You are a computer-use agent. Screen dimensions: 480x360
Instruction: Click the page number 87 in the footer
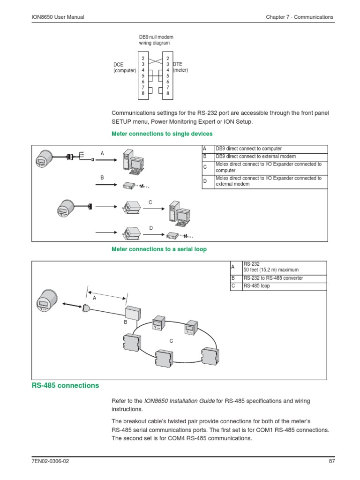pos(332,461)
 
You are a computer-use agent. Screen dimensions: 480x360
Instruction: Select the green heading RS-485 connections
pos(65,385)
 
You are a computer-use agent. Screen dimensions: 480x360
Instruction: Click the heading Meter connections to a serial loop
pos(159,249)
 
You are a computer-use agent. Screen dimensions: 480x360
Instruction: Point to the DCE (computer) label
pos(124,67)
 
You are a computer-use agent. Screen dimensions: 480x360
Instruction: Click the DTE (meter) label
pos(180,67)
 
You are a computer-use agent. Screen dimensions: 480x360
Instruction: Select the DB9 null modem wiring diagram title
pos(154,40)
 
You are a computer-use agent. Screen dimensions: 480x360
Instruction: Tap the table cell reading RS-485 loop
pos(256,285)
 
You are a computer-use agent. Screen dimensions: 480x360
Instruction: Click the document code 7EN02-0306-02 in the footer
pos(47,461)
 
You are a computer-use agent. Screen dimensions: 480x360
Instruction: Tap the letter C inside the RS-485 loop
pos(172,341)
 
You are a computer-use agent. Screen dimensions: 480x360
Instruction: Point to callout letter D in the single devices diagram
pos(151,228)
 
